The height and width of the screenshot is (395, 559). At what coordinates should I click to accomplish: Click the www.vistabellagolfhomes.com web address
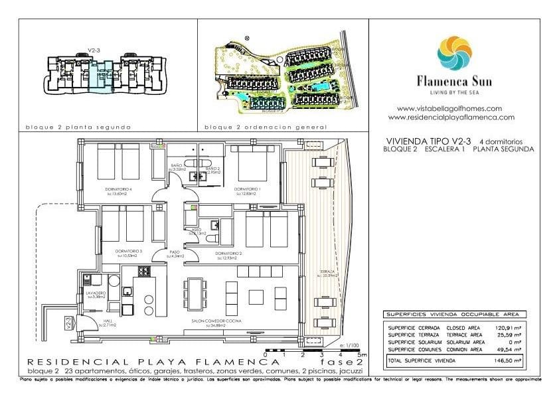pos(449,108)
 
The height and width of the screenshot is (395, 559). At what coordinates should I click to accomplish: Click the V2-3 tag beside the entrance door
pos(69,323)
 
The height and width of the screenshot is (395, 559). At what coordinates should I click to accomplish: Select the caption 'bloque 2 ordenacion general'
pos(265,127)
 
